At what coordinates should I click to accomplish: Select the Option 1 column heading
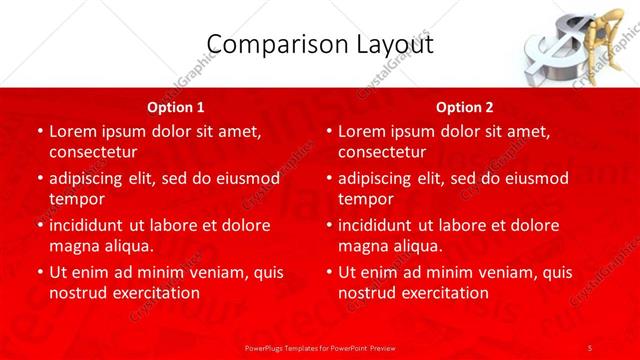pos(175,106)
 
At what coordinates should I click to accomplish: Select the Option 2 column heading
pos(465,106)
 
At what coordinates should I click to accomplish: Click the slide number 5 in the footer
pos(590,347)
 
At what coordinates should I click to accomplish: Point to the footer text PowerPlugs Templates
pos(290,347)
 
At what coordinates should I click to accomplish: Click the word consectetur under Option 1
pos(93,152)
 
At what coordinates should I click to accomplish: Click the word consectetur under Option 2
pos(382,152)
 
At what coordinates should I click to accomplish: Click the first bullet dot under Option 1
pos(39,131)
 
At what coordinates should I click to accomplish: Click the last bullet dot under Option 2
pos(328,272)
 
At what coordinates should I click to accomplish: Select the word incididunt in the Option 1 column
pos(92,225)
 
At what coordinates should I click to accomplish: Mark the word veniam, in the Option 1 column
pos(205,272)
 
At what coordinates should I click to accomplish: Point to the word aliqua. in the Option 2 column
pos(413,246)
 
